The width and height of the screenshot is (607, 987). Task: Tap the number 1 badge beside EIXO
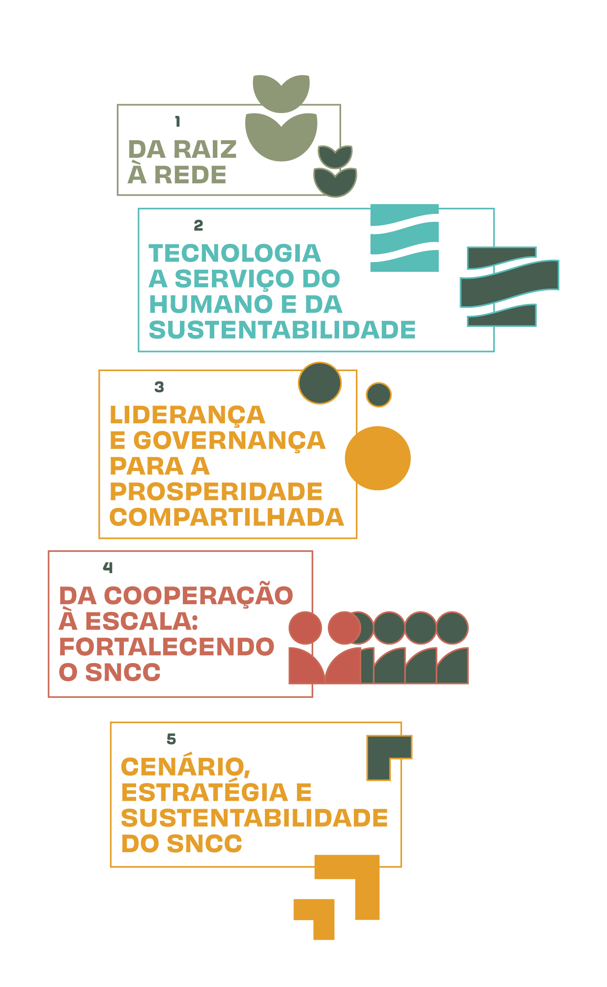pyautogui.click(x=177, y=122)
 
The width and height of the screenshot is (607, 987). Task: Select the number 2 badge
pyautogui.click(x=198, y=226)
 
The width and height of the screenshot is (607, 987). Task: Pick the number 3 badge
pyautogui.click(x=159, y=387)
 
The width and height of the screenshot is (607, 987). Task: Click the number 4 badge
pyautogui.click(x=108, y=568)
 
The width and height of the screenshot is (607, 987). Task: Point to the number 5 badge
pyautogui.click(x=171, y=739)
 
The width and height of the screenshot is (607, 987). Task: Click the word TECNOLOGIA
pyautogui.click(x=235, y=254)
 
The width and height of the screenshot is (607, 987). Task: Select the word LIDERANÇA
pyautogui.click(x=187, y=415)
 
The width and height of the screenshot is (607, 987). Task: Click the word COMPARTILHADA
pyautogui.click(x=227, y=517)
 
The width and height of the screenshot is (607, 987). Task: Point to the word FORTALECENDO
pyautogui.click(x=167, y=647)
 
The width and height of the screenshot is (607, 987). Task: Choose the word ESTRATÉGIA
pyautogui.click(x=204, y=792)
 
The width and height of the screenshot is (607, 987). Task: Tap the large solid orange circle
pyautogui.click(x=377, y=458)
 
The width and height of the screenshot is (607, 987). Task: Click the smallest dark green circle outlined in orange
pyautogui.click(x=378, y=395)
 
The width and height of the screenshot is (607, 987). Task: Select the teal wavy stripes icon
pyautogui.click(x=405, y=238)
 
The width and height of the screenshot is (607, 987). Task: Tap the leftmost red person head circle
pyautogui.click(x=305, y=628)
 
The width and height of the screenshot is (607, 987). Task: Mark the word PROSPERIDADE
pyautogui.click(x=216, y=492)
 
